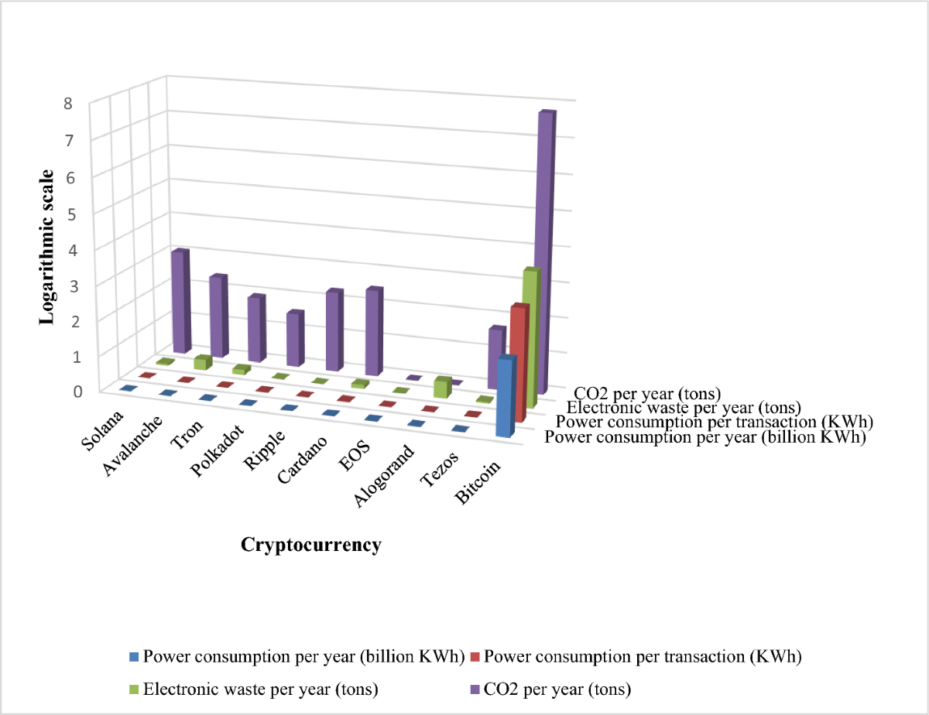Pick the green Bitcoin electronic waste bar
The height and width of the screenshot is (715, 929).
click(530, 337)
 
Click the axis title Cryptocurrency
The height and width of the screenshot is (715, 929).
click(310, 545)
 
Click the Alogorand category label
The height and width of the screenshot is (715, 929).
click(379, 480)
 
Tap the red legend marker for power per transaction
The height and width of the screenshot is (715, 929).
click(475, 657)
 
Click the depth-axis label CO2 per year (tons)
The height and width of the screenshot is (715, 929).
click(648, 391)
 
